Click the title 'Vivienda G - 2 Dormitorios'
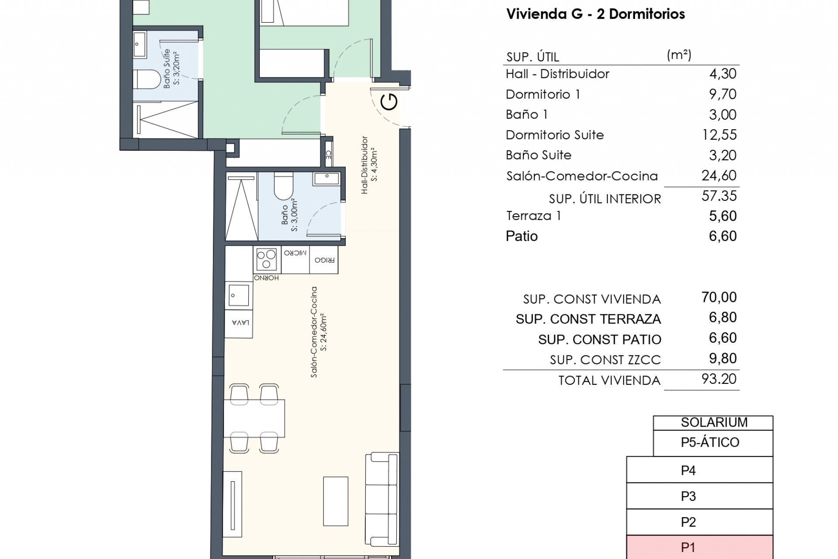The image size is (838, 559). tap(595, 14)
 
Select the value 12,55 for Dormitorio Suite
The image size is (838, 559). tap(719, 135)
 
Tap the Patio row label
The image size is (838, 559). tap(522, 236)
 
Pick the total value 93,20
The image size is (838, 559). tap(719, 379)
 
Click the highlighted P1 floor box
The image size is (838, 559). tap(699, 548)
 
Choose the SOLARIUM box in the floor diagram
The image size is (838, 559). tap(713, 423)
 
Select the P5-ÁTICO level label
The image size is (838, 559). tap(710, 442)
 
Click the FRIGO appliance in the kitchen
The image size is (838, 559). tap(324, 260)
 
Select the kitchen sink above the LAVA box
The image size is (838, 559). tap(239, 296)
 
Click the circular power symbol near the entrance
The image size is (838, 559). tap(389, 102)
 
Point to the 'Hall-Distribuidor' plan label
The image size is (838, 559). tap(365, 165)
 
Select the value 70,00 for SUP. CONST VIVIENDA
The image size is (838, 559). tap(719, 297)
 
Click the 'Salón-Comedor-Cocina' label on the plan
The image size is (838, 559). tap(314, 332)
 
